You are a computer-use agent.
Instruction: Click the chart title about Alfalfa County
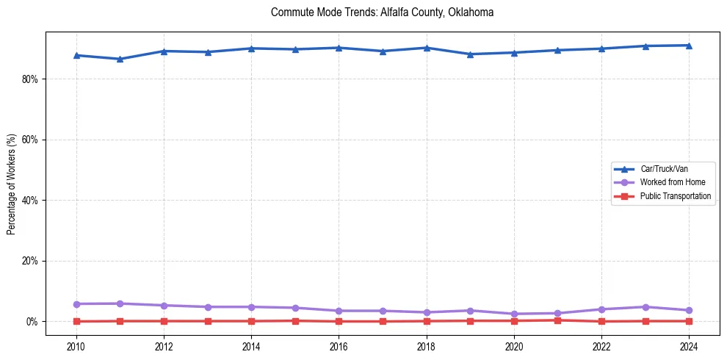click(x=382, y=12)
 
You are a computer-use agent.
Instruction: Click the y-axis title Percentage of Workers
click(x=11, y=184)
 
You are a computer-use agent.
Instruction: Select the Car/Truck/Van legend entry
click(x=664, y=169)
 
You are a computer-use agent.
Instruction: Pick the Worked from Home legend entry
click(x=668, y=182)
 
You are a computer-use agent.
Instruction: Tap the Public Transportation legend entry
click(x=675, y=196)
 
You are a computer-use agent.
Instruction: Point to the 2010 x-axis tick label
click(x=76, y=345)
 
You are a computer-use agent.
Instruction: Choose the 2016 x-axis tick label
click(x=339, y=345)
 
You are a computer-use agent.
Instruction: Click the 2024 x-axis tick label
click(x=689, y=345)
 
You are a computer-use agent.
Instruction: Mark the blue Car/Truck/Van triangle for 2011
click(x=120, y=59)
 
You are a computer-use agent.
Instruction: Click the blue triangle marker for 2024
click(x=689, y=46)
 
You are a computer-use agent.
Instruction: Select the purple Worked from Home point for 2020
click(x=514, y=314)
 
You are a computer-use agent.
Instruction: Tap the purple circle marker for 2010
click(x=76, y=304)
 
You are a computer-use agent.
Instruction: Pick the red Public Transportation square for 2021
click(x=557, y=320)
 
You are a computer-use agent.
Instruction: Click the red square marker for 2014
click(x=251, y=321)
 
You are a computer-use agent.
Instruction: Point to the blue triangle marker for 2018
click(x=427, y=48)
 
